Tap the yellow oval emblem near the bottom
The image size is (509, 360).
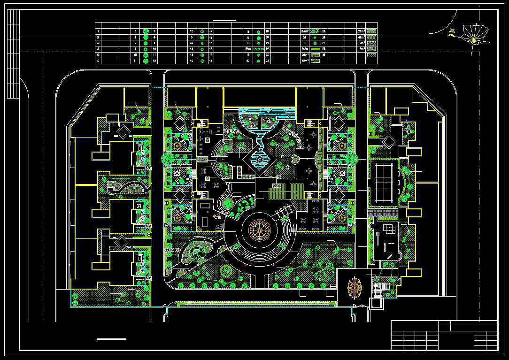pyautogui.click(x=354, y=287)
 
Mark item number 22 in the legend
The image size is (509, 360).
pyautogui.click(x=267, y=48)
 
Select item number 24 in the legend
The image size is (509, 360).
pyautogui.click(x=267, y=61)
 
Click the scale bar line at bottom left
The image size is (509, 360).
pyautogui.click(x=112, y=338)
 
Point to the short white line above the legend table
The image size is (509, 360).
pyautogui.click(x=224, y=20)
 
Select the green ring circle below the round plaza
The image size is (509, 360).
pyautogui.click(x=226, y=271)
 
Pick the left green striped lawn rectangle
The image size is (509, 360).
pyautogui.click(x=277, y=191)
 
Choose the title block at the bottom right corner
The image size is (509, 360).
pyautogui.click(x=444, y=335)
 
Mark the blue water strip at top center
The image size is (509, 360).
pyautogui.click(x=266, y=111)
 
